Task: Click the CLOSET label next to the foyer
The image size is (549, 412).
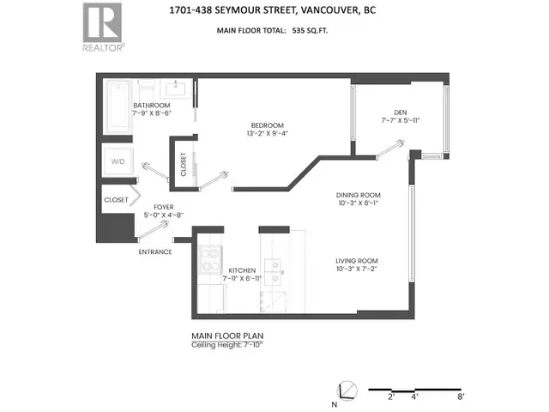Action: [116, 199]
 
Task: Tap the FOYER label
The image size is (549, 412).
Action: [164, 207]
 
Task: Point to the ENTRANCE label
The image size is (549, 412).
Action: [154, 251]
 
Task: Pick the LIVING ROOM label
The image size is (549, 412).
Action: [358, 260]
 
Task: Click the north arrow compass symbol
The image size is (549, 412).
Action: [348, 390]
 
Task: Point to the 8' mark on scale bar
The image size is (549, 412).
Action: [461, 397]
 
